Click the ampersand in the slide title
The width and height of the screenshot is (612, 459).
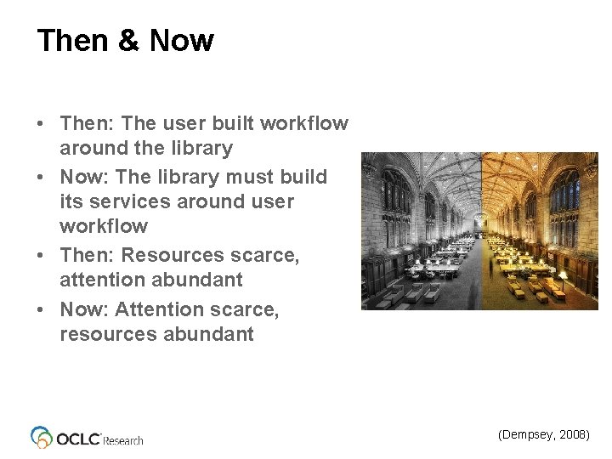[124, 41]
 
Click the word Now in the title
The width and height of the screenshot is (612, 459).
[181, 41]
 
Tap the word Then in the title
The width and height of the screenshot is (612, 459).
[72, 41]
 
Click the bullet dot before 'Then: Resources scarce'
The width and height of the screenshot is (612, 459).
[42, 256]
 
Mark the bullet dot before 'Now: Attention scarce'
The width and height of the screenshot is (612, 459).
[42, 310]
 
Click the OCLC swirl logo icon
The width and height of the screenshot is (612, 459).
[42, 437]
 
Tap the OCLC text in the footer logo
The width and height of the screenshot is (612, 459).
[77, 438]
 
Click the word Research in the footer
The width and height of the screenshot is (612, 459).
[123, 440]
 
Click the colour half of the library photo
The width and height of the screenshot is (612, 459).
[540, 231]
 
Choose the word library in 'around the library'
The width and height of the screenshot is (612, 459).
[201, 148]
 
